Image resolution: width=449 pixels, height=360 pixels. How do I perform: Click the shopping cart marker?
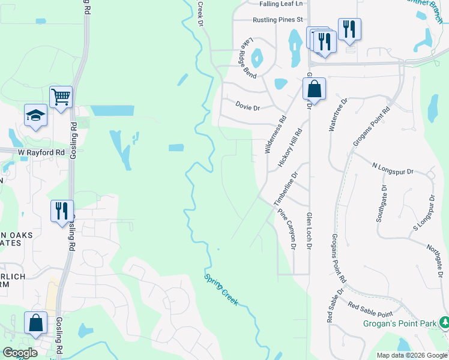61,97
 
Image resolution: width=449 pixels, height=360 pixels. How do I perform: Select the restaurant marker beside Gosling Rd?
62,211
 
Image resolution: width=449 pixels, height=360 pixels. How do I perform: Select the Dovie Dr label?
247,108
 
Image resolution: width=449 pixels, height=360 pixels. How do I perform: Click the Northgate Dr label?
437,258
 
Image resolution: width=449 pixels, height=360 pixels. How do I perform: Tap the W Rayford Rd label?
41,152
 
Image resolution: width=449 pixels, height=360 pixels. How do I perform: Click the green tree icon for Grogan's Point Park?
444,323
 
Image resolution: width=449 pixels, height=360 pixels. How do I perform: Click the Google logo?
20,353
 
